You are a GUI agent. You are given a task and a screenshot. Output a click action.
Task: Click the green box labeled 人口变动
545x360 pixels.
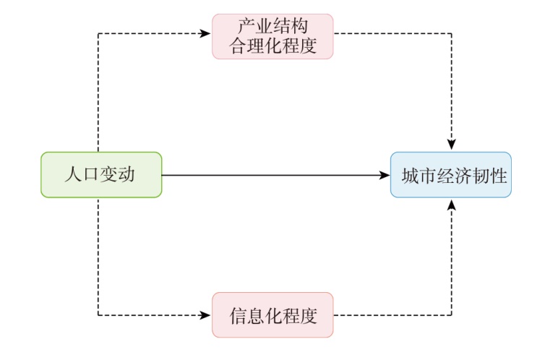pos(101,174)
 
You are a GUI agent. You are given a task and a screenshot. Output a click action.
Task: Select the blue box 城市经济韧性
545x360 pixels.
pos(451,174)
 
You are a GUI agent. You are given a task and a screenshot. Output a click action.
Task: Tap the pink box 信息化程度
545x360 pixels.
pos(272,314)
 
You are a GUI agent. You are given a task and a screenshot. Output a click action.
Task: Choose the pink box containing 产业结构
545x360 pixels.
pos(272,36)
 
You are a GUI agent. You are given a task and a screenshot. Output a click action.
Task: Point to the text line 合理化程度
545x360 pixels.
pos(272,46)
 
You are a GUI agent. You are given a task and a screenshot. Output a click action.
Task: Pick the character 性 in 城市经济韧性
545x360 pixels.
pos(497,175)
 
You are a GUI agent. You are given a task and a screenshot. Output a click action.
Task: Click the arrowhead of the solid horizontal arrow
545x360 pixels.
pos(385,174)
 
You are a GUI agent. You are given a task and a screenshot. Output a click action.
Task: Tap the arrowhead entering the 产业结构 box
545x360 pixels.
pos(207,33)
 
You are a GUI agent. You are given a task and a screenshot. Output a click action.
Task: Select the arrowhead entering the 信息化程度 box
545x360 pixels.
pos(207,314)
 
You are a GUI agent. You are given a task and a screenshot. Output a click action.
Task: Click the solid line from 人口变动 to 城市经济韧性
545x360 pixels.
pos(275,174)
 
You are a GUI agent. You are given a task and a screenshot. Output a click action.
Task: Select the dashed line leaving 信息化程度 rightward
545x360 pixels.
pos(394,314)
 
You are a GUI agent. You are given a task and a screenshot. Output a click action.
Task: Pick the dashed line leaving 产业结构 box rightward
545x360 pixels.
pos(394,33)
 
